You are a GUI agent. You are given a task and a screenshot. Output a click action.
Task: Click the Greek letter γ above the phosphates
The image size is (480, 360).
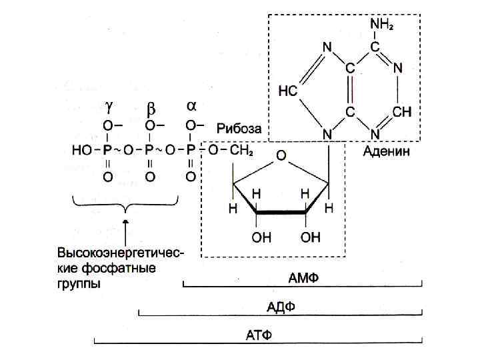[109, 107]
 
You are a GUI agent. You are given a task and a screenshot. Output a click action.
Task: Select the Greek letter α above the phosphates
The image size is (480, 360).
[191, 105]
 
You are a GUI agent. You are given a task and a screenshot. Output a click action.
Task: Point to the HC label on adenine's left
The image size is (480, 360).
[287, 91]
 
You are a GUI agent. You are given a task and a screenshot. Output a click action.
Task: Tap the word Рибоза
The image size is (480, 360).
[238, 128]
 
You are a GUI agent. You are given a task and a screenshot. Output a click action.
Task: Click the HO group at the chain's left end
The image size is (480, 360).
[81, 151]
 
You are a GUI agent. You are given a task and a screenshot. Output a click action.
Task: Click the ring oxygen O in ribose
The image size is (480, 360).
[281, 156]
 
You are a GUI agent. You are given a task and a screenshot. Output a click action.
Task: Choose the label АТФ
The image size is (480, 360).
[259, 334]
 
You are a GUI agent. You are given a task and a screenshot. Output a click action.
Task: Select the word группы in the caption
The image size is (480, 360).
[79, 283]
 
